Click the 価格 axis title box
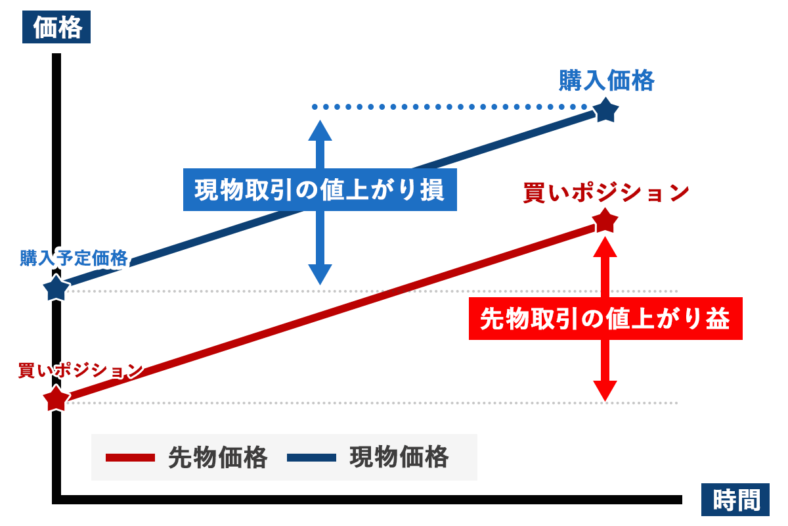(x=56, y=27)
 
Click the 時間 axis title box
(x=735, y=500)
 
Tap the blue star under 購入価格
(x=605, y=110)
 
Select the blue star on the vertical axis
(x=56, y=288)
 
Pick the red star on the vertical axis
(x=56, y=398)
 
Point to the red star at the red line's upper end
(x=605, y=220)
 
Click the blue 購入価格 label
(x=607, y=81)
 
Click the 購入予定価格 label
(x=74, y=258)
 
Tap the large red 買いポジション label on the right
(x=605, y=193)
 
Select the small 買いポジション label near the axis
(x=81, y=370)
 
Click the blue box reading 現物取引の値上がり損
(x=320, y=189)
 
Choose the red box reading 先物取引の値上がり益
(x=605, y=318)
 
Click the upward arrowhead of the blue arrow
(x=320, y=130)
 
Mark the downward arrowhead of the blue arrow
(x=320, y=274)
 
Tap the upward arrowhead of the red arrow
(x=605, y=247)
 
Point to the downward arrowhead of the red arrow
(x=605, y=391)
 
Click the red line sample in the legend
(x=130, y=458)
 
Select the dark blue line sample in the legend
(x=312, y=458)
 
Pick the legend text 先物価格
(x=218, y=458)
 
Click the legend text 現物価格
(x=399, y=457)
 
